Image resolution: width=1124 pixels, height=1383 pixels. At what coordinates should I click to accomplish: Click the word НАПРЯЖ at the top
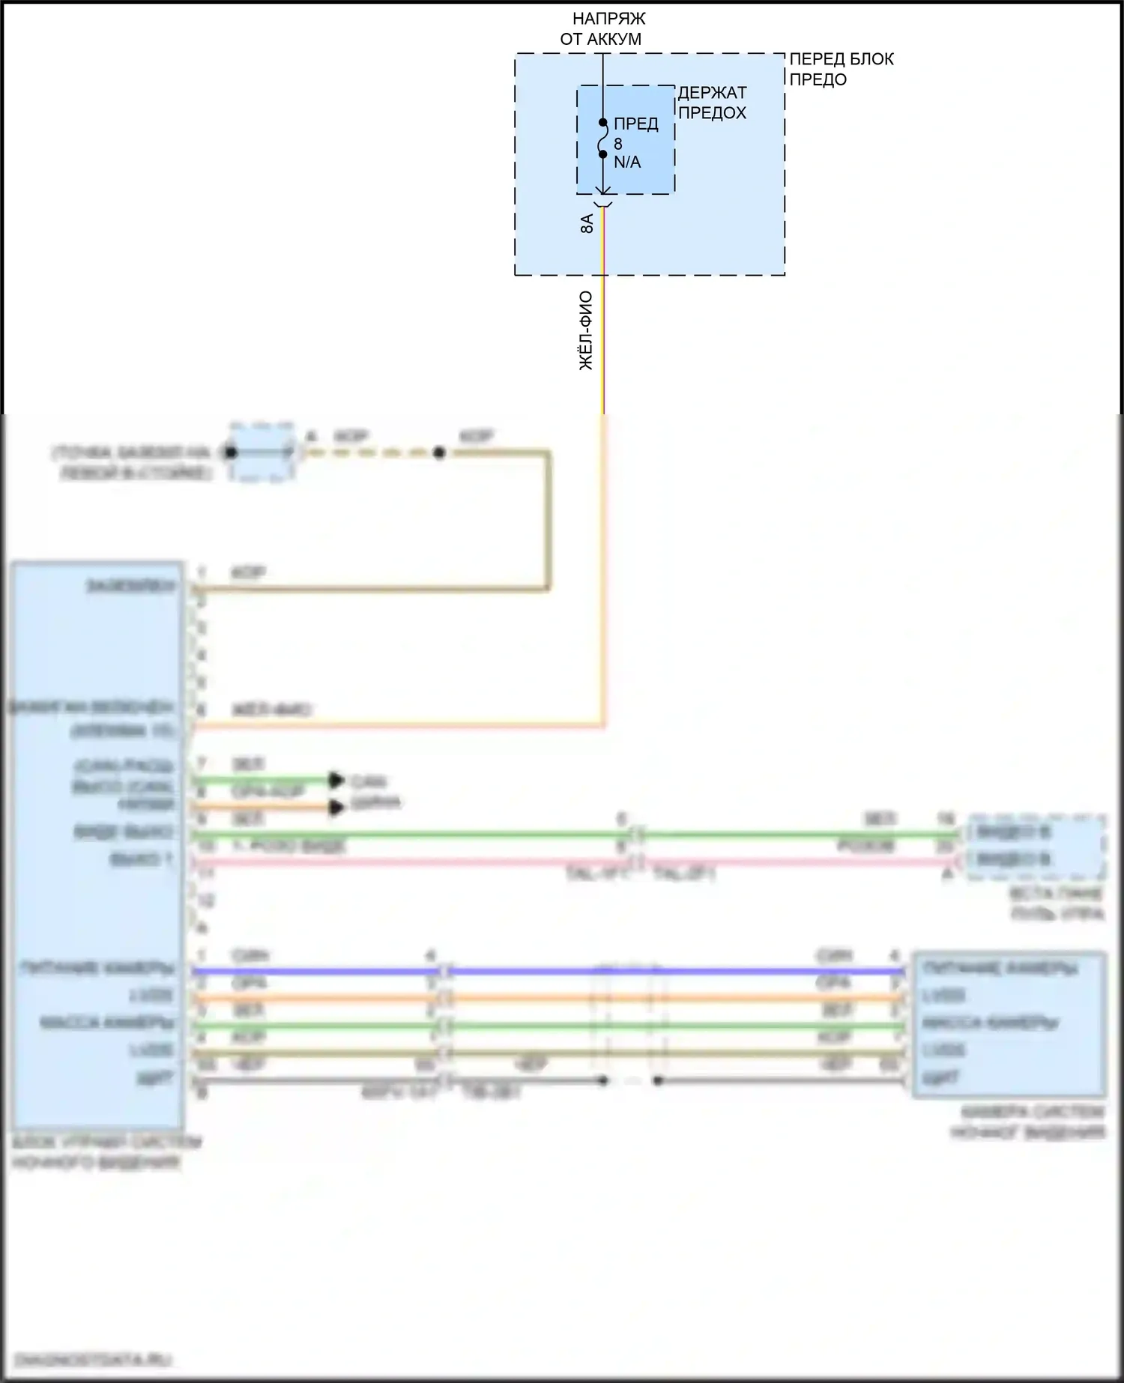coord(608,19)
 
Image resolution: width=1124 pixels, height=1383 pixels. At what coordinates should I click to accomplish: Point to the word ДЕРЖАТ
coord(712,93)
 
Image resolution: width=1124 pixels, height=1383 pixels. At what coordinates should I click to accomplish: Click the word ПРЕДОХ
coord(712,113)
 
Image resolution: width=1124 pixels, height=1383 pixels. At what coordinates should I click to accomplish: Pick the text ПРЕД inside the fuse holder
coord(635,124)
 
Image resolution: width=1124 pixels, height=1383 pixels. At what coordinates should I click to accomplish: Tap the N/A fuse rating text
coord(627,163)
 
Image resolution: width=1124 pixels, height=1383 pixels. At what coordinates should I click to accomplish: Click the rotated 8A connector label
coord(587,224)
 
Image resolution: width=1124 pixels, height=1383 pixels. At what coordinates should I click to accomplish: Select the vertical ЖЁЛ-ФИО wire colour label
coord(586,330)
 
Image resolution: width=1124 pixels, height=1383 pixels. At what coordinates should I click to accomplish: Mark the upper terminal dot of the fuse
coord(602,122)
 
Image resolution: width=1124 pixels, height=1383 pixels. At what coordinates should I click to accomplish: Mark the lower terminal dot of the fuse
coord(602,154)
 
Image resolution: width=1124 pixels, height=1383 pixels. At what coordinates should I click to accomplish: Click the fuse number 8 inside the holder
coord(618,144)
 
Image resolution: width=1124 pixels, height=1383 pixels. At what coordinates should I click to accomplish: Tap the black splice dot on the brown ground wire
coord(440,453)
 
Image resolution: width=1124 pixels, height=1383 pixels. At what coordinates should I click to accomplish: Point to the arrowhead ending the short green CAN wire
coord(336,781)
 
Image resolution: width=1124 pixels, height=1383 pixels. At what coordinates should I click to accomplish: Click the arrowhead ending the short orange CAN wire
coord(336,808)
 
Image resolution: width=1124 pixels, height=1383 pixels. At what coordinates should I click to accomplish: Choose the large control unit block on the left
coord(97,847)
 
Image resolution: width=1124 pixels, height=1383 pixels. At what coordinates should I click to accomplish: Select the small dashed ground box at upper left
coord(260,453)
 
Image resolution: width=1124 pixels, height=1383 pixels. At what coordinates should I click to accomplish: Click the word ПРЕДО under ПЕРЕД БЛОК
coord(818,79)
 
